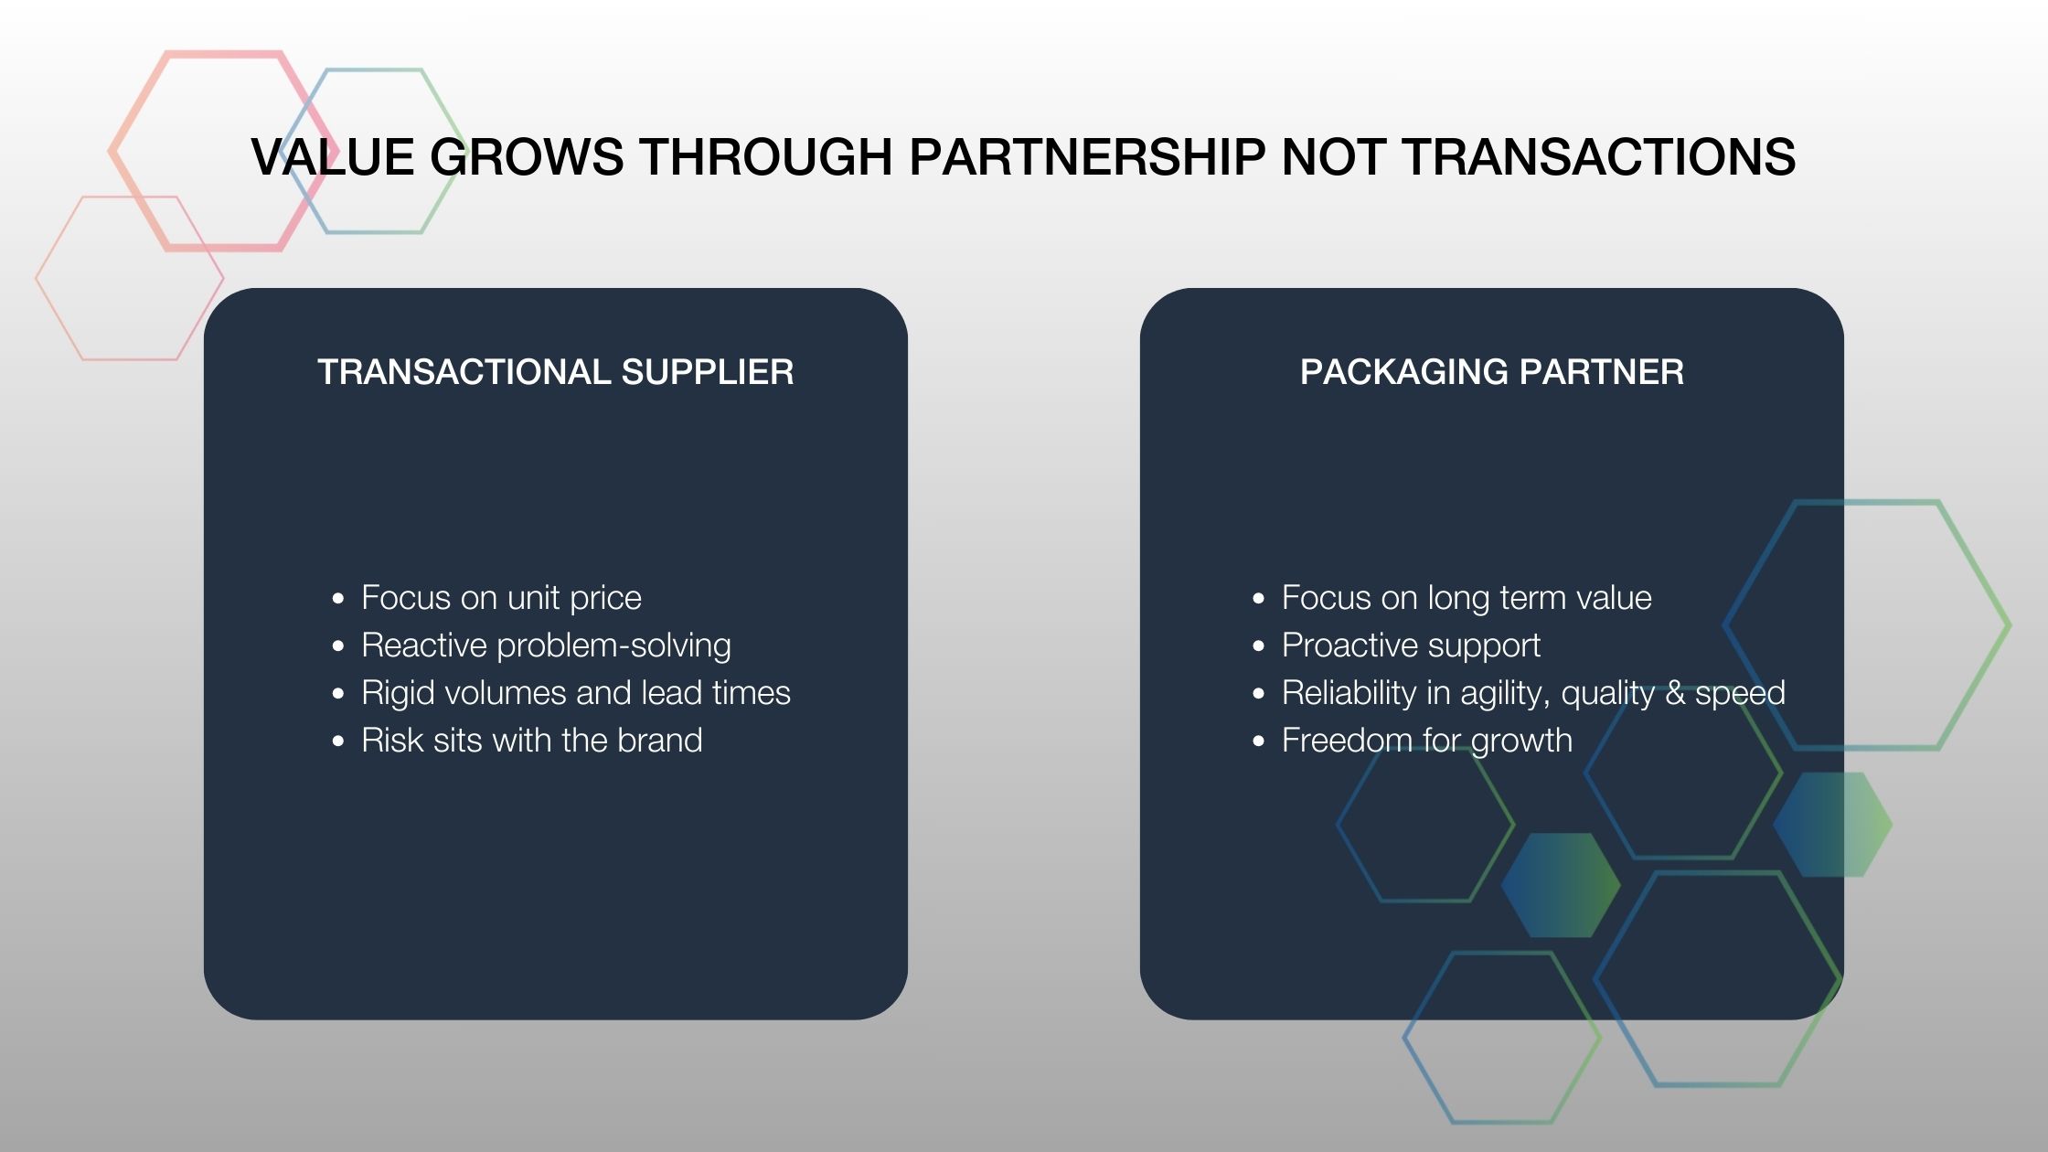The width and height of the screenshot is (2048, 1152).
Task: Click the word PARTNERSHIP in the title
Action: tap(1087, 156)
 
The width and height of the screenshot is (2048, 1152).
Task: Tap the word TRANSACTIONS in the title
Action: tap(1599, 156)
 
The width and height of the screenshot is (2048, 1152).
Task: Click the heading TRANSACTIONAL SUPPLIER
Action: tap(555, 372)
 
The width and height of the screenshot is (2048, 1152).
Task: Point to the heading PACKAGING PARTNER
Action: tap(1491, 372)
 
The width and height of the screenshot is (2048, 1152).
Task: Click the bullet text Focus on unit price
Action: tap(501, 598)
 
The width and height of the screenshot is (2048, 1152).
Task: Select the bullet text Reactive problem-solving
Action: tap(546, 645)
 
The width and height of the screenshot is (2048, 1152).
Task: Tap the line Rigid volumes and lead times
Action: tap(576, 693)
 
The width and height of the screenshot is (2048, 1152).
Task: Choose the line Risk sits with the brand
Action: tap(531, 741)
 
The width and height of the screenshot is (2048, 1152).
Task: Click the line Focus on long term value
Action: tap(1467, 598)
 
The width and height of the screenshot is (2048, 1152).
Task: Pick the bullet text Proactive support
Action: tap(1411, 645)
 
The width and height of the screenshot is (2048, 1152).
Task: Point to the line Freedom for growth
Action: tap(1426, 741)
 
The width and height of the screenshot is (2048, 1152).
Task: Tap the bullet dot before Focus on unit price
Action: tap(339, 599)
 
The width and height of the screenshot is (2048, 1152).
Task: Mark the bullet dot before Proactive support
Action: tap(1259, 646)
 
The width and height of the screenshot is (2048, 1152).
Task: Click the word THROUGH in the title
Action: tap(765, 156)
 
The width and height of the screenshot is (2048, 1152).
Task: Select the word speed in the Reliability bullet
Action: tap(1740, 694)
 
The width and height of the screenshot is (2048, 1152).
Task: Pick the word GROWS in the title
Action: tap(527, 156)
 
